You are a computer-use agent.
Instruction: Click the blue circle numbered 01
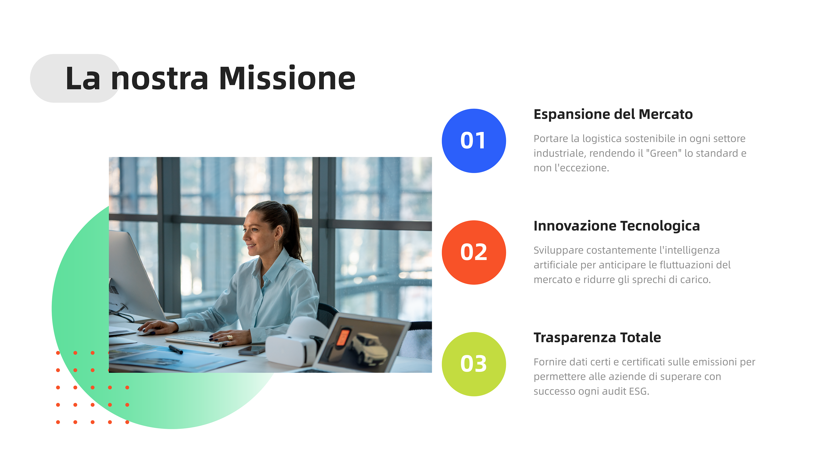click(474, 141)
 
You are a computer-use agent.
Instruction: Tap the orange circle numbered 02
click(474, 252)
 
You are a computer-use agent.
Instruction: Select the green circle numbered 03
click(474, 364)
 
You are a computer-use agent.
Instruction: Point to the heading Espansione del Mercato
click(613, 114)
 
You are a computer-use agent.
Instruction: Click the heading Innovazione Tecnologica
click(616, 226)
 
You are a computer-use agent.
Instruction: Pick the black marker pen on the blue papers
click(176, 349)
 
